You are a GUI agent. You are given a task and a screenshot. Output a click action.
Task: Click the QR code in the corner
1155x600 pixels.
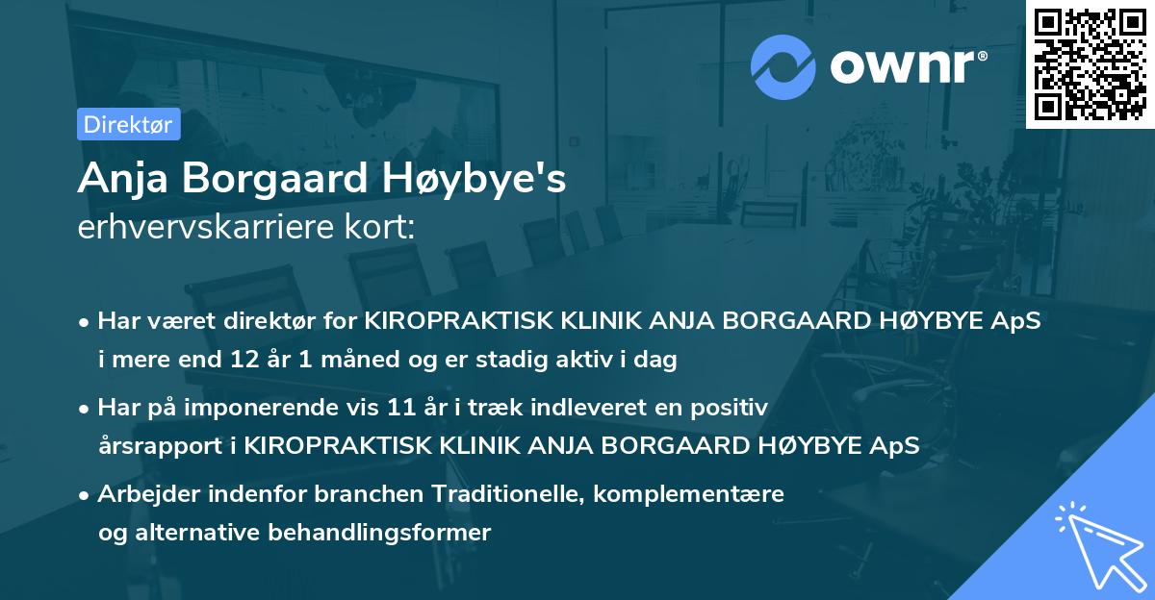pyautogui.click(x=1090, y=63)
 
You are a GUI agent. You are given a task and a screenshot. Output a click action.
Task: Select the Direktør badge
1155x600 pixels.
pyautogui.click(x=128, y=124)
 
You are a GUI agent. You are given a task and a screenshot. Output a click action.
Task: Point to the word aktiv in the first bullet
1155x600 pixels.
pyautogui.click(x=613, y=361)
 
